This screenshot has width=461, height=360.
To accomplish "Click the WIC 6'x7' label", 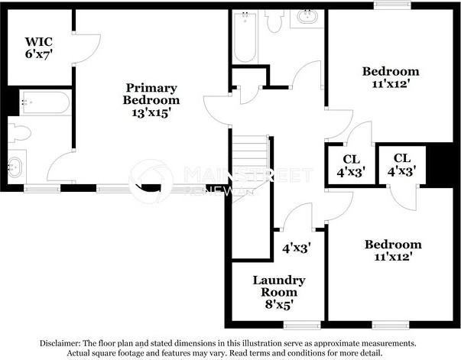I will tap(38, 47).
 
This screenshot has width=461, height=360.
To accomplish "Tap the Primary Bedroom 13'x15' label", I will tap(151, 100).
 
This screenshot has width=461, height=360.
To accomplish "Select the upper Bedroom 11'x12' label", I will tap(391, 77).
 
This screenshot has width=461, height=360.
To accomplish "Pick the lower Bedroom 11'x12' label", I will tap(392, 251).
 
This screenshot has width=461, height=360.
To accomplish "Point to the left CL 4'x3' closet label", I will tap(350, 166).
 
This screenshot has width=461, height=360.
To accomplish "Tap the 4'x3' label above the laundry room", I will tap(295, 248).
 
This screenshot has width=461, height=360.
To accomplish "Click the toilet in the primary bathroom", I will tap(20, 133).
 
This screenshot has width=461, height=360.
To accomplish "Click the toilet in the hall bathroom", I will tap(275, 21).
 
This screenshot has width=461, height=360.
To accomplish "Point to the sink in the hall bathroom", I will tap(309, 18).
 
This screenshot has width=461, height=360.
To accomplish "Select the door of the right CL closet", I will tap(402, 199).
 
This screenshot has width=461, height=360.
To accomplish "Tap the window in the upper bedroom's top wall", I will tap(391, 6).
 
